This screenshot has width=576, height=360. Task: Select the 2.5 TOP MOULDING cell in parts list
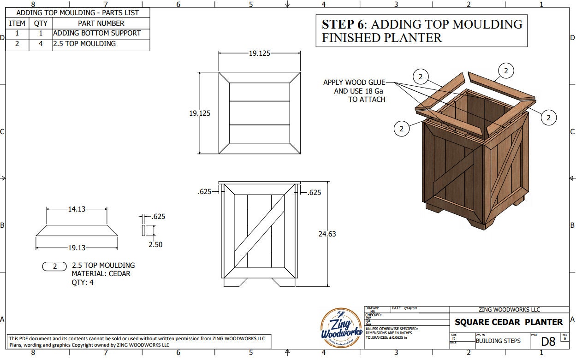click(x=84, y=44)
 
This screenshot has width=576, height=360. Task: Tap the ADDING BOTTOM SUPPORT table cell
click(x=97, y=33)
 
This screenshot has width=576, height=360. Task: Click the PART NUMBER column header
click(x=101, y=23)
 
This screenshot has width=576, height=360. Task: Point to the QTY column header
click(x=41, y=23)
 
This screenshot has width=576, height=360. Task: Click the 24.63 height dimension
click(x=327, y=234)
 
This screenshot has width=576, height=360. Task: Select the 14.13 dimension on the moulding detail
click(x=77, y=209)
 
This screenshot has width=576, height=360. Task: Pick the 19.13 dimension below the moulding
click(x=77, y=248)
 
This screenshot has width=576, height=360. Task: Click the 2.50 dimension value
click(x=155, y=245)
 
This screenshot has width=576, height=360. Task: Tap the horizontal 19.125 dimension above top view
click(x=260, y=53)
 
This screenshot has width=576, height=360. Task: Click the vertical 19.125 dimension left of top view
click(x=200, y=113)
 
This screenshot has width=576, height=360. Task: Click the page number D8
click(x=548, y=342)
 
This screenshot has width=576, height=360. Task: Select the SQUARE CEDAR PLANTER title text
click(x=509, y=322)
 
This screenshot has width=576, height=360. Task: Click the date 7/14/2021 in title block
click(x=410, y=308)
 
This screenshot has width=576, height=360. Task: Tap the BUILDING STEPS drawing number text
click(x=498, y=341)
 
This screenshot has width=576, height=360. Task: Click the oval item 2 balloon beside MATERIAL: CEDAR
click(x=55, y=266)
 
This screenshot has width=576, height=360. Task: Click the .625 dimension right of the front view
click(x=314, y=193)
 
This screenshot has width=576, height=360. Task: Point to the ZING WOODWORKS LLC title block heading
click(x=509, y=310)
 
